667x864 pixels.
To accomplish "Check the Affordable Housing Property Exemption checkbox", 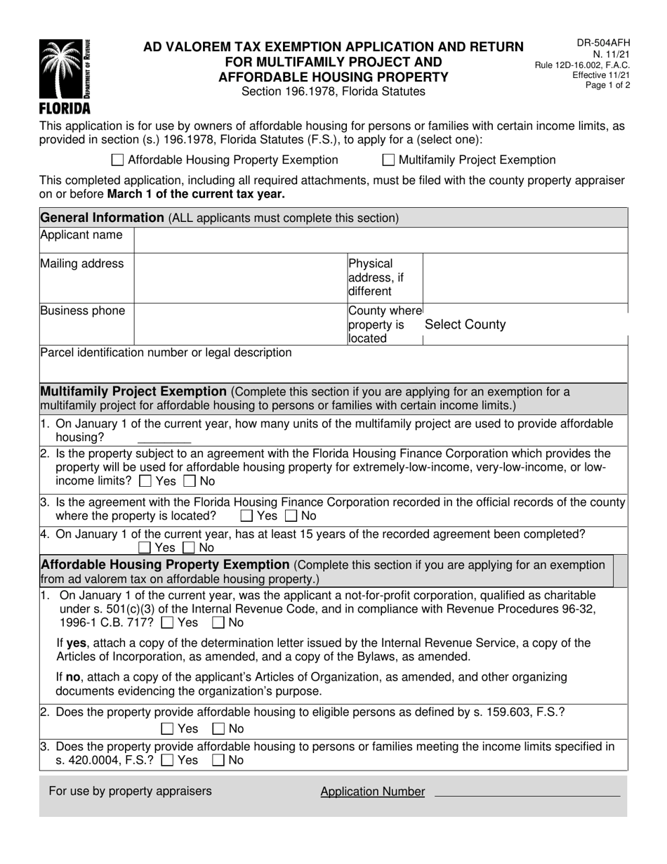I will coord(118,160).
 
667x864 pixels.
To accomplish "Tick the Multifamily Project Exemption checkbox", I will coord(388,160).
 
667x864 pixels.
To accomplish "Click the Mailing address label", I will coord(82,264).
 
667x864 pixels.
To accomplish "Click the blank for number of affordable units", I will coord(164,438).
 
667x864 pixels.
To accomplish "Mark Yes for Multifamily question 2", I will coord(145,482).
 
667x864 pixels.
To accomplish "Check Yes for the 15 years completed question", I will coord(145,547).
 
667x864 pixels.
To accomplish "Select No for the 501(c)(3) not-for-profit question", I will coord(219,622).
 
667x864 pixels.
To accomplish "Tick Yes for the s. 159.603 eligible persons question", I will coord(167,728).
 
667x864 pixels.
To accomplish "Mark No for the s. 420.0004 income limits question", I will coord(219,759).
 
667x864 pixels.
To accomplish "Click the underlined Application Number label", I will coord(372,792).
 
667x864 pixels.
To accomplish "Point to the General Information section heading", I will coord(102,218).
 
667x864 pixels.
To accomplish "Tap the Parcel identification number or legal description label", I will coord(166,353).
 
